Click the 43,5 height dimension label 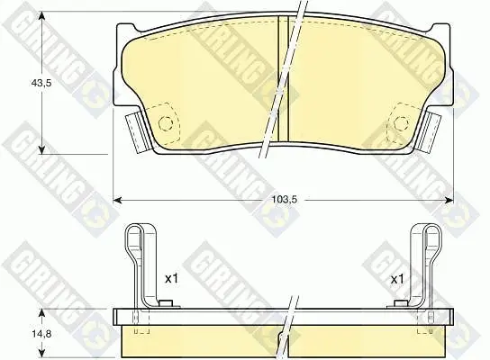(x=41, y=83)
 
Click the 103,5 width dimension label (x=284, y=199)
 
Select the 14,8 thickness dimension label (x=41, y=334)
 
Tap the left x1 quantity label (x=171, y=278)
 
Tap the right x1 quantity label (x=397, y=279)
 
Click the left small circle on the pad (x=166, y=123)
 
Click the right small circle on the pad (x=401, y=123)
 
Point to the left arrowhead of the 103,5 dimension (x=116, y=200)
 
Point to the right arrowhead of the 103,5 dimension (x=449, y=200)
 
